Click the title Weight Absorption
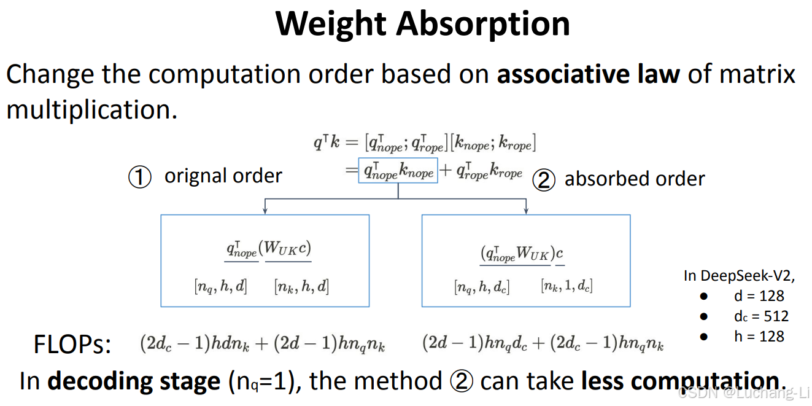423,24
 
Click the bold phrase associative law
588,74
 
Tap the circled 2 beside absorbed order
544,180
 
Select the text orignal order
223,176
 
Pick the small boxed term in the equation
398,171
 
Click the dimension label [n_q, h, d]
220,286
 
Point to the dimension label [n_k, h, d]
301,286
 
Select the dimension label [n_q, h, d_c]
482,286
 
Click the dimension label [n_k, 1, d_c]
566,286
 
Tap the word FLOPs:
72,345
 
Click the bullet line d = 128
759,296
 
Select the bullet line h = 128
759,337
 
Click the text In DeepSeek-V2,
739,276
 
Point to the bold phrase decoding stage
134,381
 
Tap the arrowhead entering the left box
265,211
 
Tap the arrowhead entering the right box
526,211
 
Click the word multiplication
91,110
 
